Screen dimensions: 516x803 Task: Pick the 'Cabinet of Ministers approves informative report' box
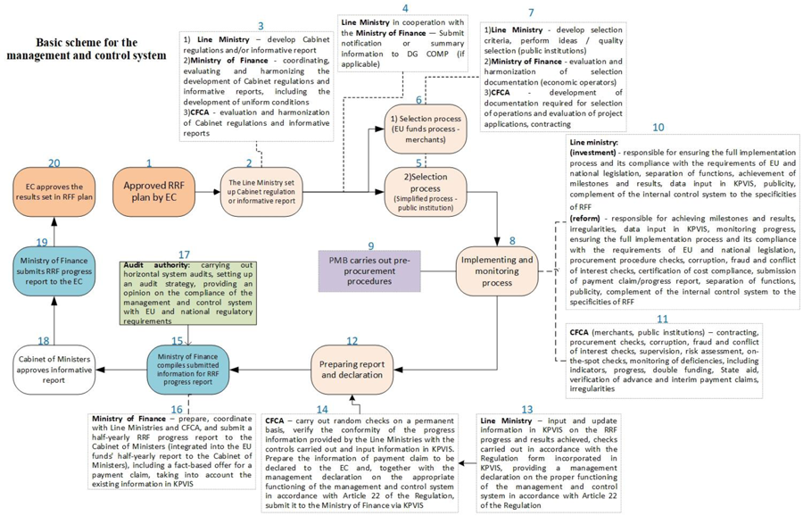click(54, 370)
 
